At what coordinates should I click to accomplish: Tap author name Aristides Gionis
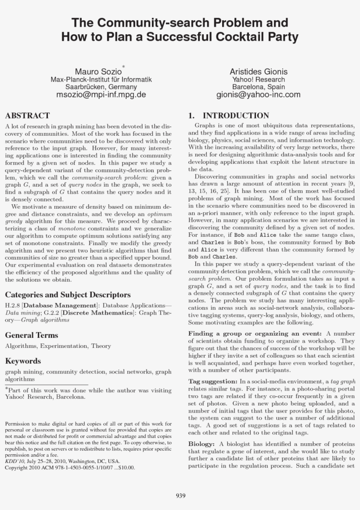tap(258, 72)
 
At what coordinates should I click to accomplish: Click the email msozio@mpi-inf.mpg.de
tap(101, 94)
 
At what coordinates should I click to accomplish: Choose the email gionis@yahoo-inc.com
tap(258, 94)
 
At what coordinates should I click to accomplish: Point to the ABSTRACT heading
tap(27, 116)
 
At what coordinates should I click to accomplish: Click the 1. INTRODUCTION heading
tap(228, 116)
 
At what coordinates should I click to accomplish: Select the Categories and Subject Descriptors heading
tap(68, 295)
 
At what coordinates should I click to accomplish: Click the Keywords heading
tap(23, 361)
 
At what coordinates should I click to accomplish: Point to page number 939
tap(180, 496)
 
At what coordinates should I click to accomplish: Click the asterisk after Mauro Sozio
tap(124, 66)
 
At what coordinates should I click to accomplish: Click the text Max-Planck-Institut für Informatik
tap(101, 80)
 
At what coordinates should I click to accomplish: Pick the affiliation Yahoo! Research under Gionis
tap(258, 80)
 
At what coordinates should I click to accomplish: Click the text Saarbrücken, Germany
tap(101, 87)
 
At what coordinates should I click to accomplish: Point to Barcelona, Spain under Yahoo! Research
tap(258, 87)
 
